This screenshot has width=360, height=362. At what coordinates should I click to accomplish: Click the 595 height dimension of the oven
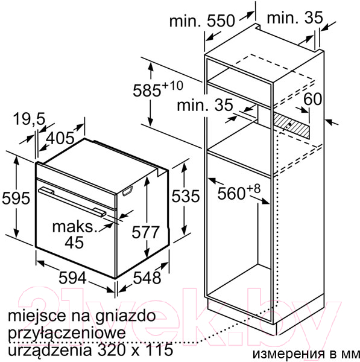coord(16,198)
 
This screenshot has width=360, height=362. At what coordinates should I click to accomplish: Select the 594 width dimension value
coord(72,278)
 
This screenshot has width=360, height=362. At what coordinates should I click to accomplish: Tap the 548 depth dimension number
coord(147,278)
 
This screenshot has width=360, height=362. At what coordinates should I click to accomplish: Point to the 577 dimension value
coord(145,232)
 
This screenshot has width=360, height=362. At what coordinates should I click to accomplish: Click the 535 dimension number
coord(186,196)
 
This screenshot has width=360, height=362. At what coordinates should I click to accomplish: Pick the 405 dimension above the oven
coord(60,138)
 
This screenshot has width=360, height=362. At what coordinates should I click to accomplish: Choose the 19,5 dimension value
coord(30,119)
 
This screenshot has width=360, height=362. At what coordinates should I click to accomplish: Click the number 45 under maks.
coord(74,242)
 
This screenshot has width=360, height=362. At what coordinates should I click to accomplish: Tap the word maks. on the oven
coord(74,227)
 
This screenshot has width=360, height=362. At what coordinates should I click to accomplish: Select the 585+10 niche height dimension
coord(158,89)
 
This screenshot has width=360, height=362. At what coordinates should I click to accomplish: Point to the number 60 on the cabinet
coord(312,99)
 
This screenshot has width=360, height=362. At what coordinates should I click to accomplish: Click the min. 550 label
coord(202,21)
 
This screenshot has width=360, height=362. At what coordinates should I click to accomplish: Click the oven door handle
coord(72,202)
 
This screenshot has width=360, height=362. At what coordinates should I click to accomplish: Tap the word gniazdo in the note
coord(125,317)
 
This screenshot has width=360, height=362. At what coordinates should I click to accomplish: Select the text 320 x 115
coord(135,349)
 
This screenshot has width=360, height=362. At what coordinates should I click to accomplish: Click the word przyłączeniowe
coord(67,334)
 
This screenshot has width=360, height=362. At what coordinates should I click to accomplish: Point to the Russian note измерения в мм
coord(306,354)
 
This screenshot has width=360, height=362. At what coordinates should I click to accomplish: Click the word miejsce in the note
coord(37,317)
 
